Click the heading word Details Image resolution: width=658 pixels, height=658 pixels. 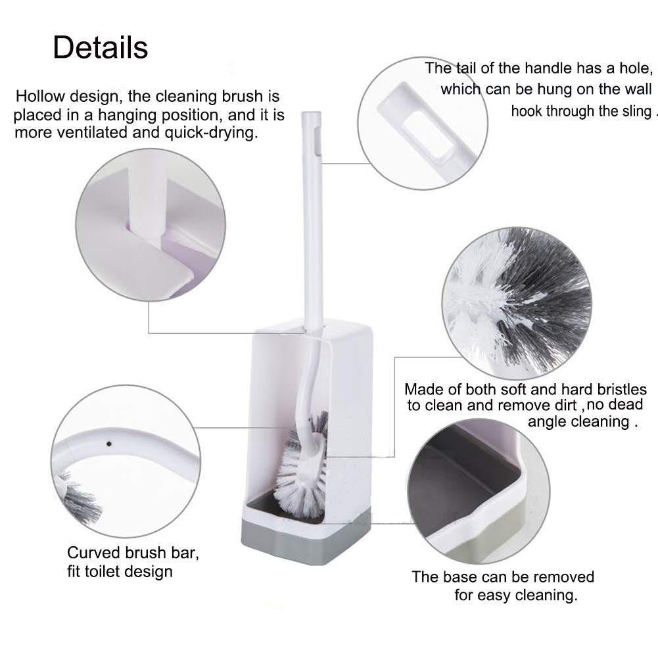[101, 47]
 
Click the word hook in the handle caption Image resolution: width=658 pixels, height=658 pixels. [527, 110]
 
